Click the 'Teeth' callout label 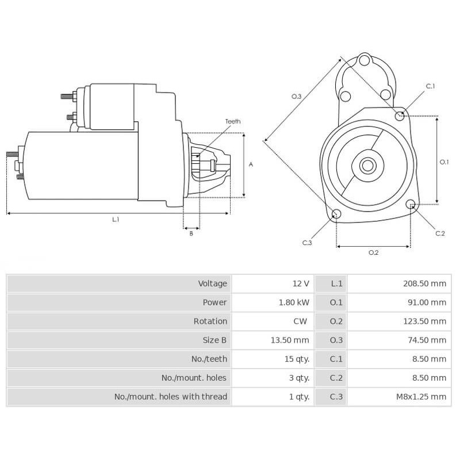coord(233,121)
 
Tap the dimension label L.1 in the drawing coord(116,220)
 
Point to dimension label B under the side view coord(191,233)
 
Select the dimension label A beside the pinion coord(251,164)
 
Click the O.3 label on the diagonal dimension coord(296,97)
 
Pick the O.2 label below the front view coord(373,252)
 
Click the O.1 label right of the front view coord(444,162)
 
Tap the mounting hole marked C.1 coord(400,116)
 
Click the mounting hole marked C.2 coord(411,204)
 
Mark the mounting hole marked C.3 coord(337,214)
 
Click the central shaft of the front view coord(367,166)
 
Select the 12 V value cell coord(301,283)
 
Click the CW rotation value coord(300,321)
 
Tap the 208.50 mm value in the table coord(424,283)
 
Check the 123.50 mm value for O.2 coord(424,321)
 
